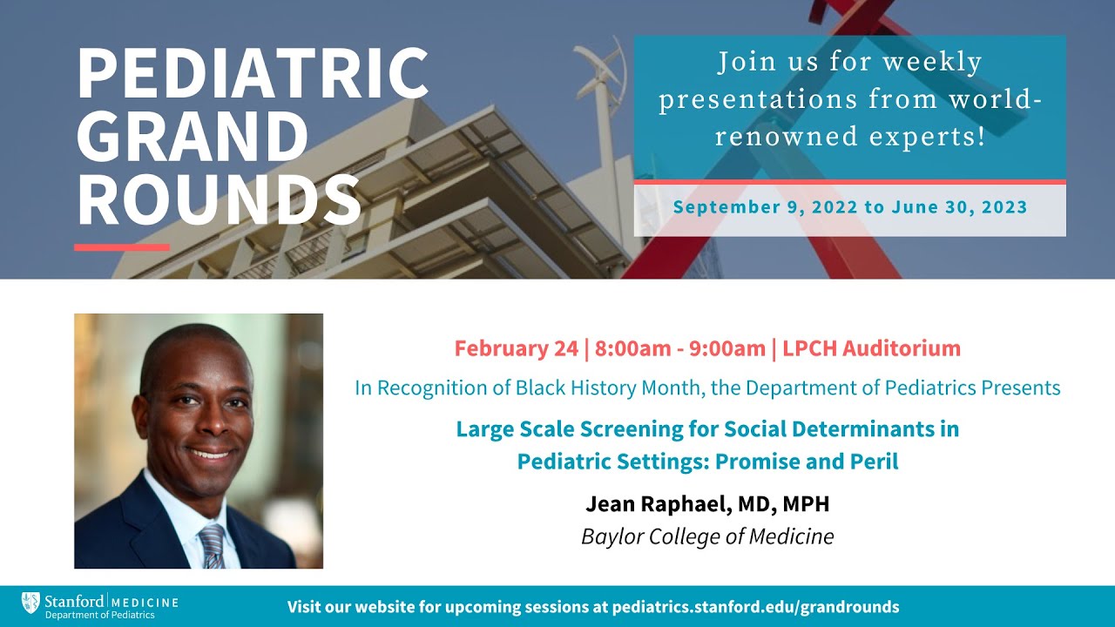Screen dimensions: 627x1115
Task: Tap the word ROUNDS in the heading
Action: [x=218, y=201]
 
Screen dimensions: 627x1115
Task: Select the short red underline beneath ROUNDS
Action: [x=122, y=247]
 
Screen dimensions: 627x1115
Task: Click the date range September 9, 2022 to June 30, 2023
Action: [x=849, y=208]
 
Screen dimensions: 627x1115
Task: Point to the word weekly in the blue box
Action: [x=931, y=63]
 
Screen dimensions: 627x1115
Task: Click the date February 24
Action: [x=516, y=348]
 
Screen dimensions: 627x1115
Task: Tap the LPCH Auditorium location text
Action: [x=871, y=348]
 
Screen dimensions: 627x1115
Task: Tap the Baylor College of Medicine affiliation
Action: [x=707, y=536]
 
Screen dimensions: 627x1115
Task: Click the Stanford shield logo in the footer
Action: [x=30, y=603]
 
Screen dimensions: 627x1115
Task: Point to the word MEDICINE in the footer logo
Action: [x=145, y=602]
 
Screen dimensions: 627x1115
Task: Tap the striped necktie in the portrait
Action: [x=212, y=545]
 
